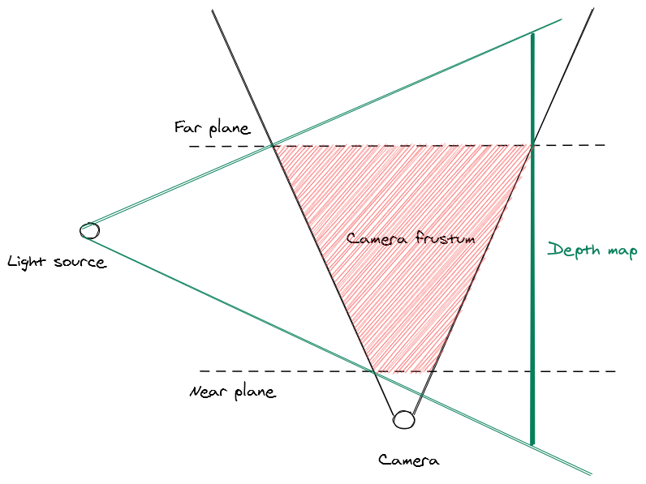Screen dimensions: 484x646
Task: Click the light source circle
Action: click(89, 230)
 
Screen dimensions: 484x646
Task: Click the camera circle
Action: click(403, 420)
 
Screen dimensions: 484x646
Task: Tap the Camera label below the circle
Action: click(409, 460)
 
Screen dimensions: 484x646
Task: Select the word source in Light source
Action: click(80, 263)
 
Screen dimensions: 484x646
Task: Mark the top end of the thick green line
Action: click(532, 34)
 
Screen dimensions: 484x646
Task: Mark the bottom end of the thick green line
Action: click(532, 443)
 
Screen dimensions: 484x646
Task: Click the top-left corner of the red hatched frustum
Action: click(273, 147)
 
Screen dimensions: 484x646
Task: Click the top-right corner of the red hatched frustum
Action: click(531, 146)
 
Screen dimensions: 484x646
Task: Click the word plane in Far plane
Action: click(230, 129)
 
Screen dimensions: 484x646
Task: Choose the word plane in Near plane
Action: click(254, 392)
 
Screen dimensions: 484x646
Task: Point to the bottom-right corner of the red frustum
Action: click(430, 371)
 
